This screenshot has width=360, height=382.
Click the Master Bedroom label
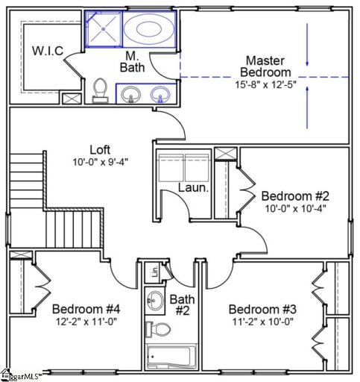(x=268, y=66)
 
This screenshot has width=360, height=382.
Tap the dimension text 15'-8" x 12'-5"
(x=268, y=84)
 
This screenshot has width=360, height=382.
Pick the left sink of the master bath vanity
(x=132, y=95)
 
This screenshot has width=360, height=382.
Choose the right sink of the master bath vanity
(x=160, y=95)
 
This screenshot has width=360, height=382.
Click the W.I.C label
(x=47, y=51)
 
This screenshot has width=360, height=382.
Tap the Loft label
(x=99, y=148)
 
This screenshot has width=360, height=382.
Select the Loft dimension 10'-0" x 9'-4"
(x=99, y=160)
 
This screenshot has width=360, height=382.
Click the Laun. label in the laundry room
(x=193, y=189)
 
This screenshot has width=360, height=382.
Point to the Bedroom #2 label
(x=294, y=196)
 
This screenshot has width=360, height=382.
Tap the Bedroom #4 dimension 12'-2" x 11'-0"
(x=84, y=322)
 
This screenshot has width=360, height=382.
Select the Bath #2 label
(x=182, y=304)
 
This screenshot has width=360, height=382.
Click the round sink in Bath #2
(x=154, y=302)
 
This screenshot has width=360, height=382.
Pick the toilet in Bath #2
(x=157, y=329)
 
